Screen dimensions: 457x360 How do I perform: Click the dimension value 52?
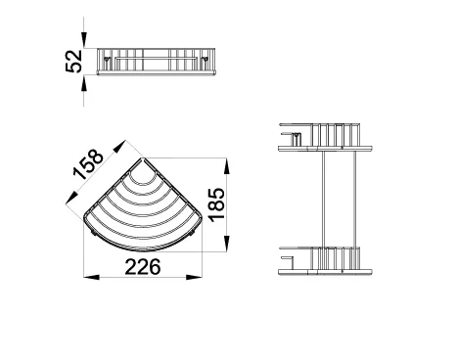[73, 62]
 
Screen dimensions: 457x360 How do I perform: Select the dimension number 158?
[88, 164]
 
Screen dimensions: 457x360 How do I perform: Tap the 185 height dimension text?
[217, 204]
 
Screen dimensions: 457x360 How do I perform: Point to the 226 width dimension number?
[143, 267]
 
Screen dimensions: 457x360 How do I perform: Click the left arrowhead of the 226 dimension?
[92, 277]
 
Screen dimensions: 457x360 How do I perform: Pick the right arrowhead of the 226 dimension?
[194, 277]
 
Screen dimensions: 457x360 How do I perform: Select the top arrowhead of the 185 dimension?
[227, 166]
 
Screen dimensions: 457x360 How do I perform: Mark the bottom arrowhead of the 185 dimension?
[227, 244]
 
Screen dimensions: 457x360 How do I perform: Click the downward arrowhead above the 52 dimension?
[84, 40]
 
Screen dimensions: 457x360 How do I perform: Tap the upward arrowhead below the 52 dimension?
[84, 83]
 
